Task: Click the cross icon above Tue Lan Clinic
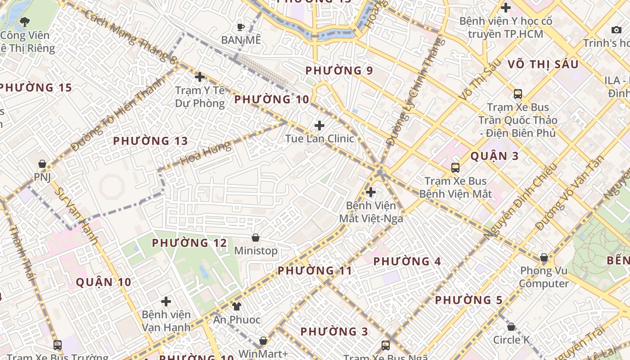319,125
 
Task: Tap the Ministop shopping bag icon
256,238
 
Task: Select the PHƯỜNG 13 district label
150,141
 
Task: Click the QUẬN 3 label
495,156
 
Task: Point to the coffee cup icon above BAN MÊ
241,27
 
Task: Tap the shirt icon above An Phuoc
237,306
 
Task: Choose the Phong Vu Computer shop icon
544,258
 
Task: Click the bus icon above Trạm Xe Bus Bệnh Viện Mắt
455,168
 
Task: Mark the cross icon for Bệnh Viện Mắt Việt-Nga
371,193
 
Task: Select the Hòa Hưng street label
206,153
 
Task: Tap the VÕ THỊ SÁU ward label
543,64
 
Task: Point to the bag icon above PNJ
42,164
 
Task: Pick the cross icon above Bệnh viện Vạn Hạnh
166,301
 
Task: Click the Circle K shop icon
511,327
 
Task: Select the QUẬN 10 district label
103,282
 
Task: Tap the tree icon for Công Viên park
25,22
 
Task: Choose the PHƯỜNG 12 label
189,243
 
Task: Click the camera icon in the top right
616,30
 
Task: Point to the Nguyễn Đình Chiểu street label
521,201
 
